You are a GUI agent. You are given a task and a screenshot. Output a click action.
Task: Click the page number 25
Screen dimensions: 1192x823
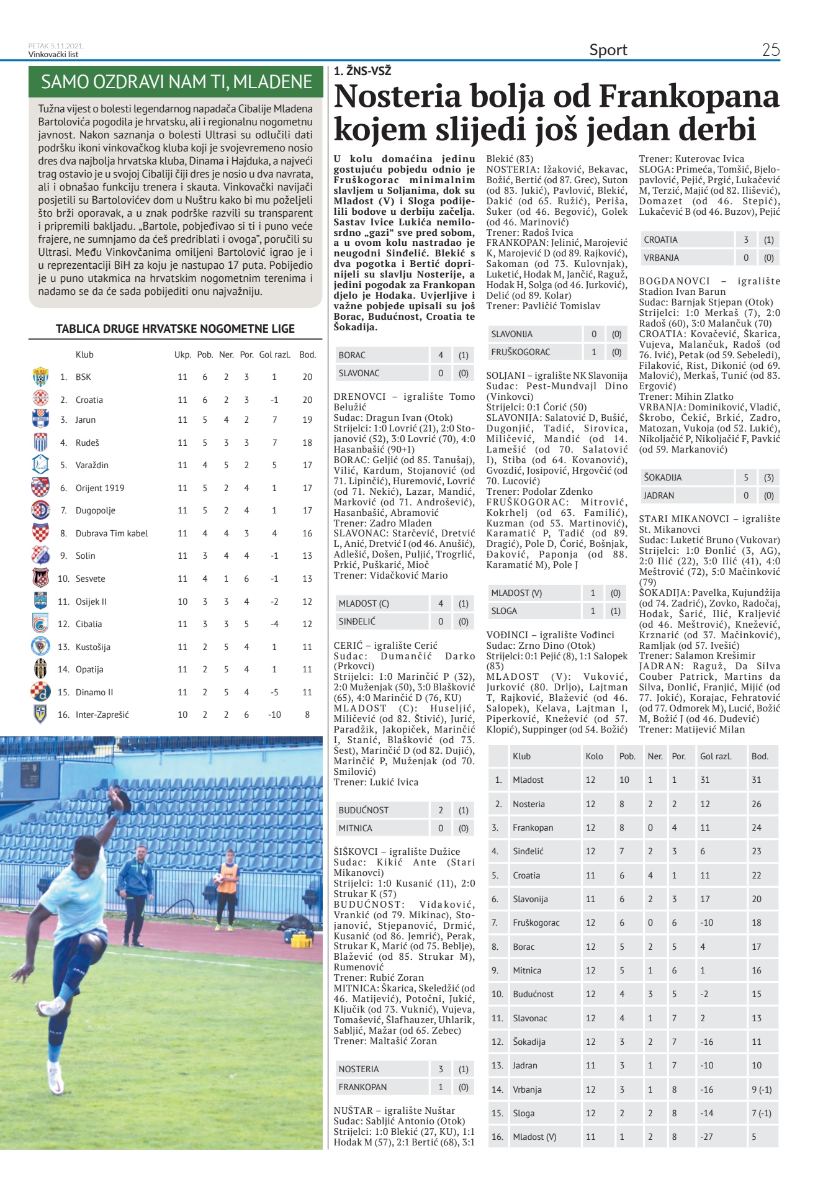pyautogui.click(x=770, y=50)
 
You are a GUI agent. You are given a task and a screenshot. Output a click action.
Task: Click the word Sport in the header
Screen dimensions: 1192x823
pyautogui.click(x=608, y=50)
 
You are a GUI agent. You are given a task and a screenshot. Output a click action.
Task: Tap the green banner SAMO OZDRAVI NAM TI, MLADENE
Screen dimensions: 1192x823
pyautogui.click(x=176, y=82)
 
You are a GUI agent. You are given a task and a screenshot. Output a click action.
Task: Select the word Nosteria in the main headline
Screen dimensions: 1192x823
pyautogui.click(x=397, y=97)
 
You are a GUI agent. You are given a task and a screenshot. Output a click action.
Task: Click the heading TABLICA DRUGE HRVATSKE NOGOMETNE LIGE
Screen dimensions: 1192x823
pyautogui.click(x=175, y=328)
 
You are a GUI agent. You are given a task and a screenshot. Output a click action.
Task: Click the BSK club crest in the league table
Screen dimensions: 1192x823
pyautogui.click(x=40, y=377)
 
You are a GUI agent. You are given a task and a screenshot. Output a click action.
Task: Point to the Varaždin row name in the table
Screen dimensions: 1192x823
pyautogui.click(x=88, y=465)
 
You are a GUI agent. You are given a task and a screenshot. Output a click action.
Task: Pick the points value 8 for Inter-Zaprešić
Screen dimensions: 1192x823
pyautogui.click(x=307, y=715)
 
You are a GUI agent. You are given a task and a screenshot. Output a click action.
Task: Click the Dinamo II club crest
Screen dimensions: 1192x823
pyautogui.click(x=40, y=692)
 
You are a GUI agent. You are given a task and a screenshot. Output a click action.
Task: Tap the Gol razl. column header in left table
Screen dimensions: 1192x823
pyautogui.click(x=274, y=354)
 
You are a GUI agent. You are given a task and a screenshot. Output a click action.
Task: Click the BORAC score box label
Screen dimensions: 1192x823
pyautogui.click(x=352, y=355)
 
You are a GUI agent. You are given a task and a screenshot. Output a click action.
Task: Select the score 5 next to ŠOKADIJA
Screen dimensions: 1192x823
pyautogui.click(x=745, y=477)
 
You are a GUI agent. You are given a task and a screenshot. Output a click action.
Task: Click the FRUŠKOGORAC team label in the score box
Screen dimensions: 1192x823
pyautogui.click(x=520, y=352)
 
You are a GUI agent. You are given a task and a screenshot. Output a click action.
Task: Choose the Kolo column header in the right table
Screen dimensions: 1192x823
pyautogui.click(x=594, y=756)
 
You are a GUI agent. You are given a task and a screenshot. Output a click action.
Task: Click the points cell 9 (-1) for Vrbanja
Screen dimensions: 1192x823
pyautogui.click(x=762, y=1089)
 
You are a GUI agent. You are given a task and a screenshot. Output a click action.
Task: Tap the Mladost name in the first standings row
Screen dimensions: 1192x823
pyautogui.click(x=528, y=780)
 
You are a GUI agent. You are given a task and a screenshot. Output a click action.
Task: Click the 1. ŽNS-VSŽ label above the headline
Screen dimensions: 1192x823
pyautogui.click(x=362, y=71)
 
